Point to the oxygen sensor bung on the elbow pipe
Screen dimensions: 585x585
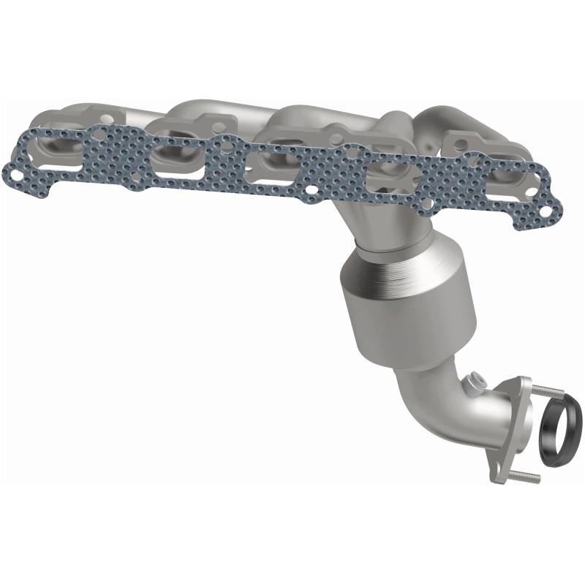point(476,382)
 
